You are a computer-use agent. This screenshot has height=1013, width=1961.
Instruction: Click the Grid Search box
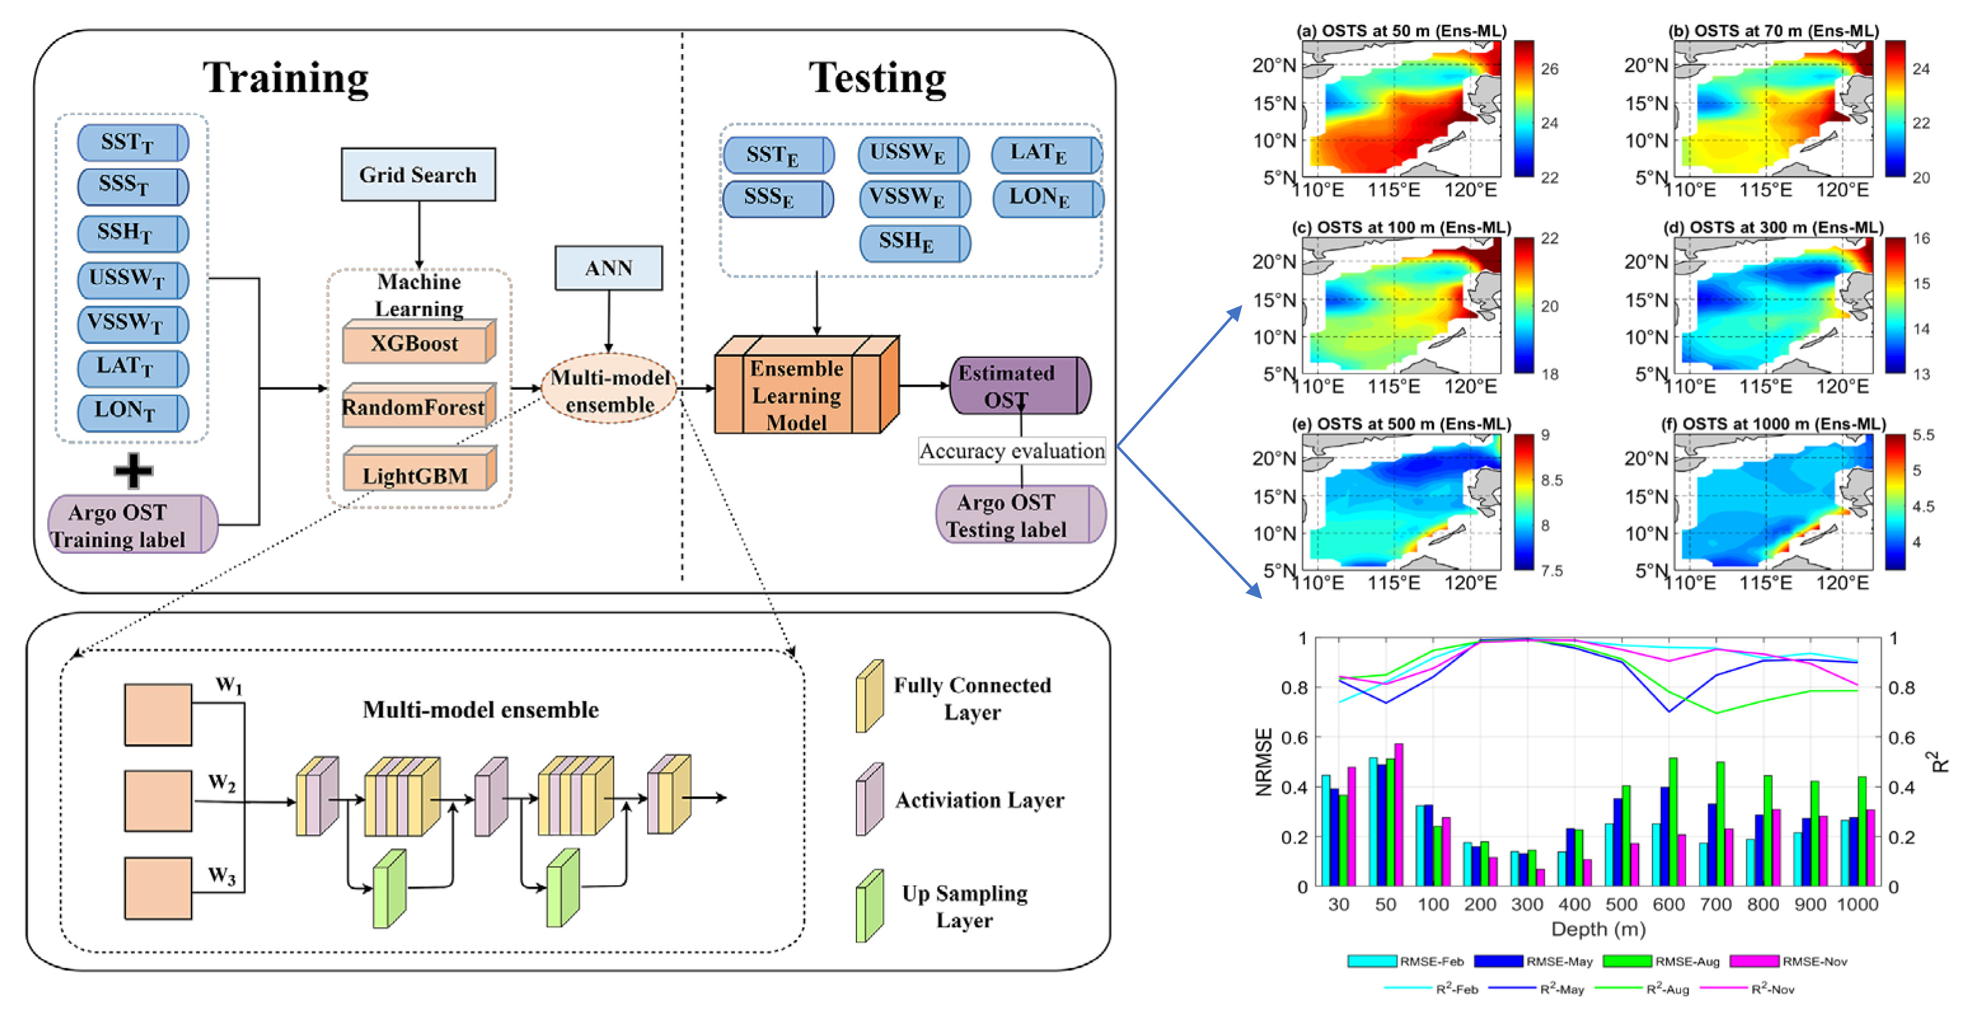(x=418, y=175)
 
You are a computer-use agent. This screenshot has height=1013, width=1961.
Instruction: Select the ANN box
(x=608, y=268)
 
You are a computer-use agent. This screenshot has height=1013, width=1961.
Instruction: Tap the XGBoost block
(x=415, y=343)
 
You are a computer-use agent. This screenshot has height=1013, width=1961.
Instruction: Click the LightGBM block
(x=415, y=475)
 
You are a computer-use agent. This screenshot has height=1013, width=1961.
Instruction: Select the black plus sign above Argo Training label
(x=133, y=471)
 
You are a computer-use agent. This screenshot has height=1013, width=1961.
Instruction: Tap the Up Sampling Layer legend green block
(x=869, y=906)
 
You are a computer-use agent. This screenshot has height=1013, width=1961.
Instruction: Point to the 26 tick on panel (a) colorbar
(x=1549, y=69)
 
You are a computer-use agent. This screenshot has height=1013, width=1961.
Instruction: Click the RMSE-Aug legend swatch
(x=1627, y=961)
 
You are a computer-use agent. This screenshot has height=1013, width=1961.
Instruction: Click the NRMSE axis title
(x=1264, y=762)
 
